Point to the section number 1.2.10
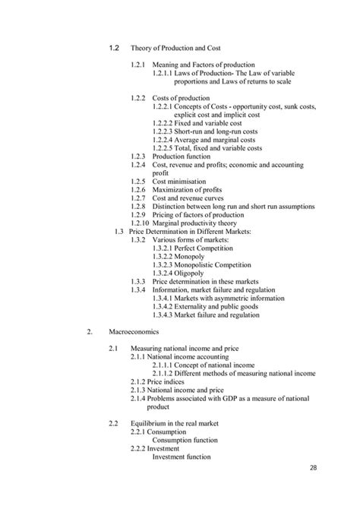138,223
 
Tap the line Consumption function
191,439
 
